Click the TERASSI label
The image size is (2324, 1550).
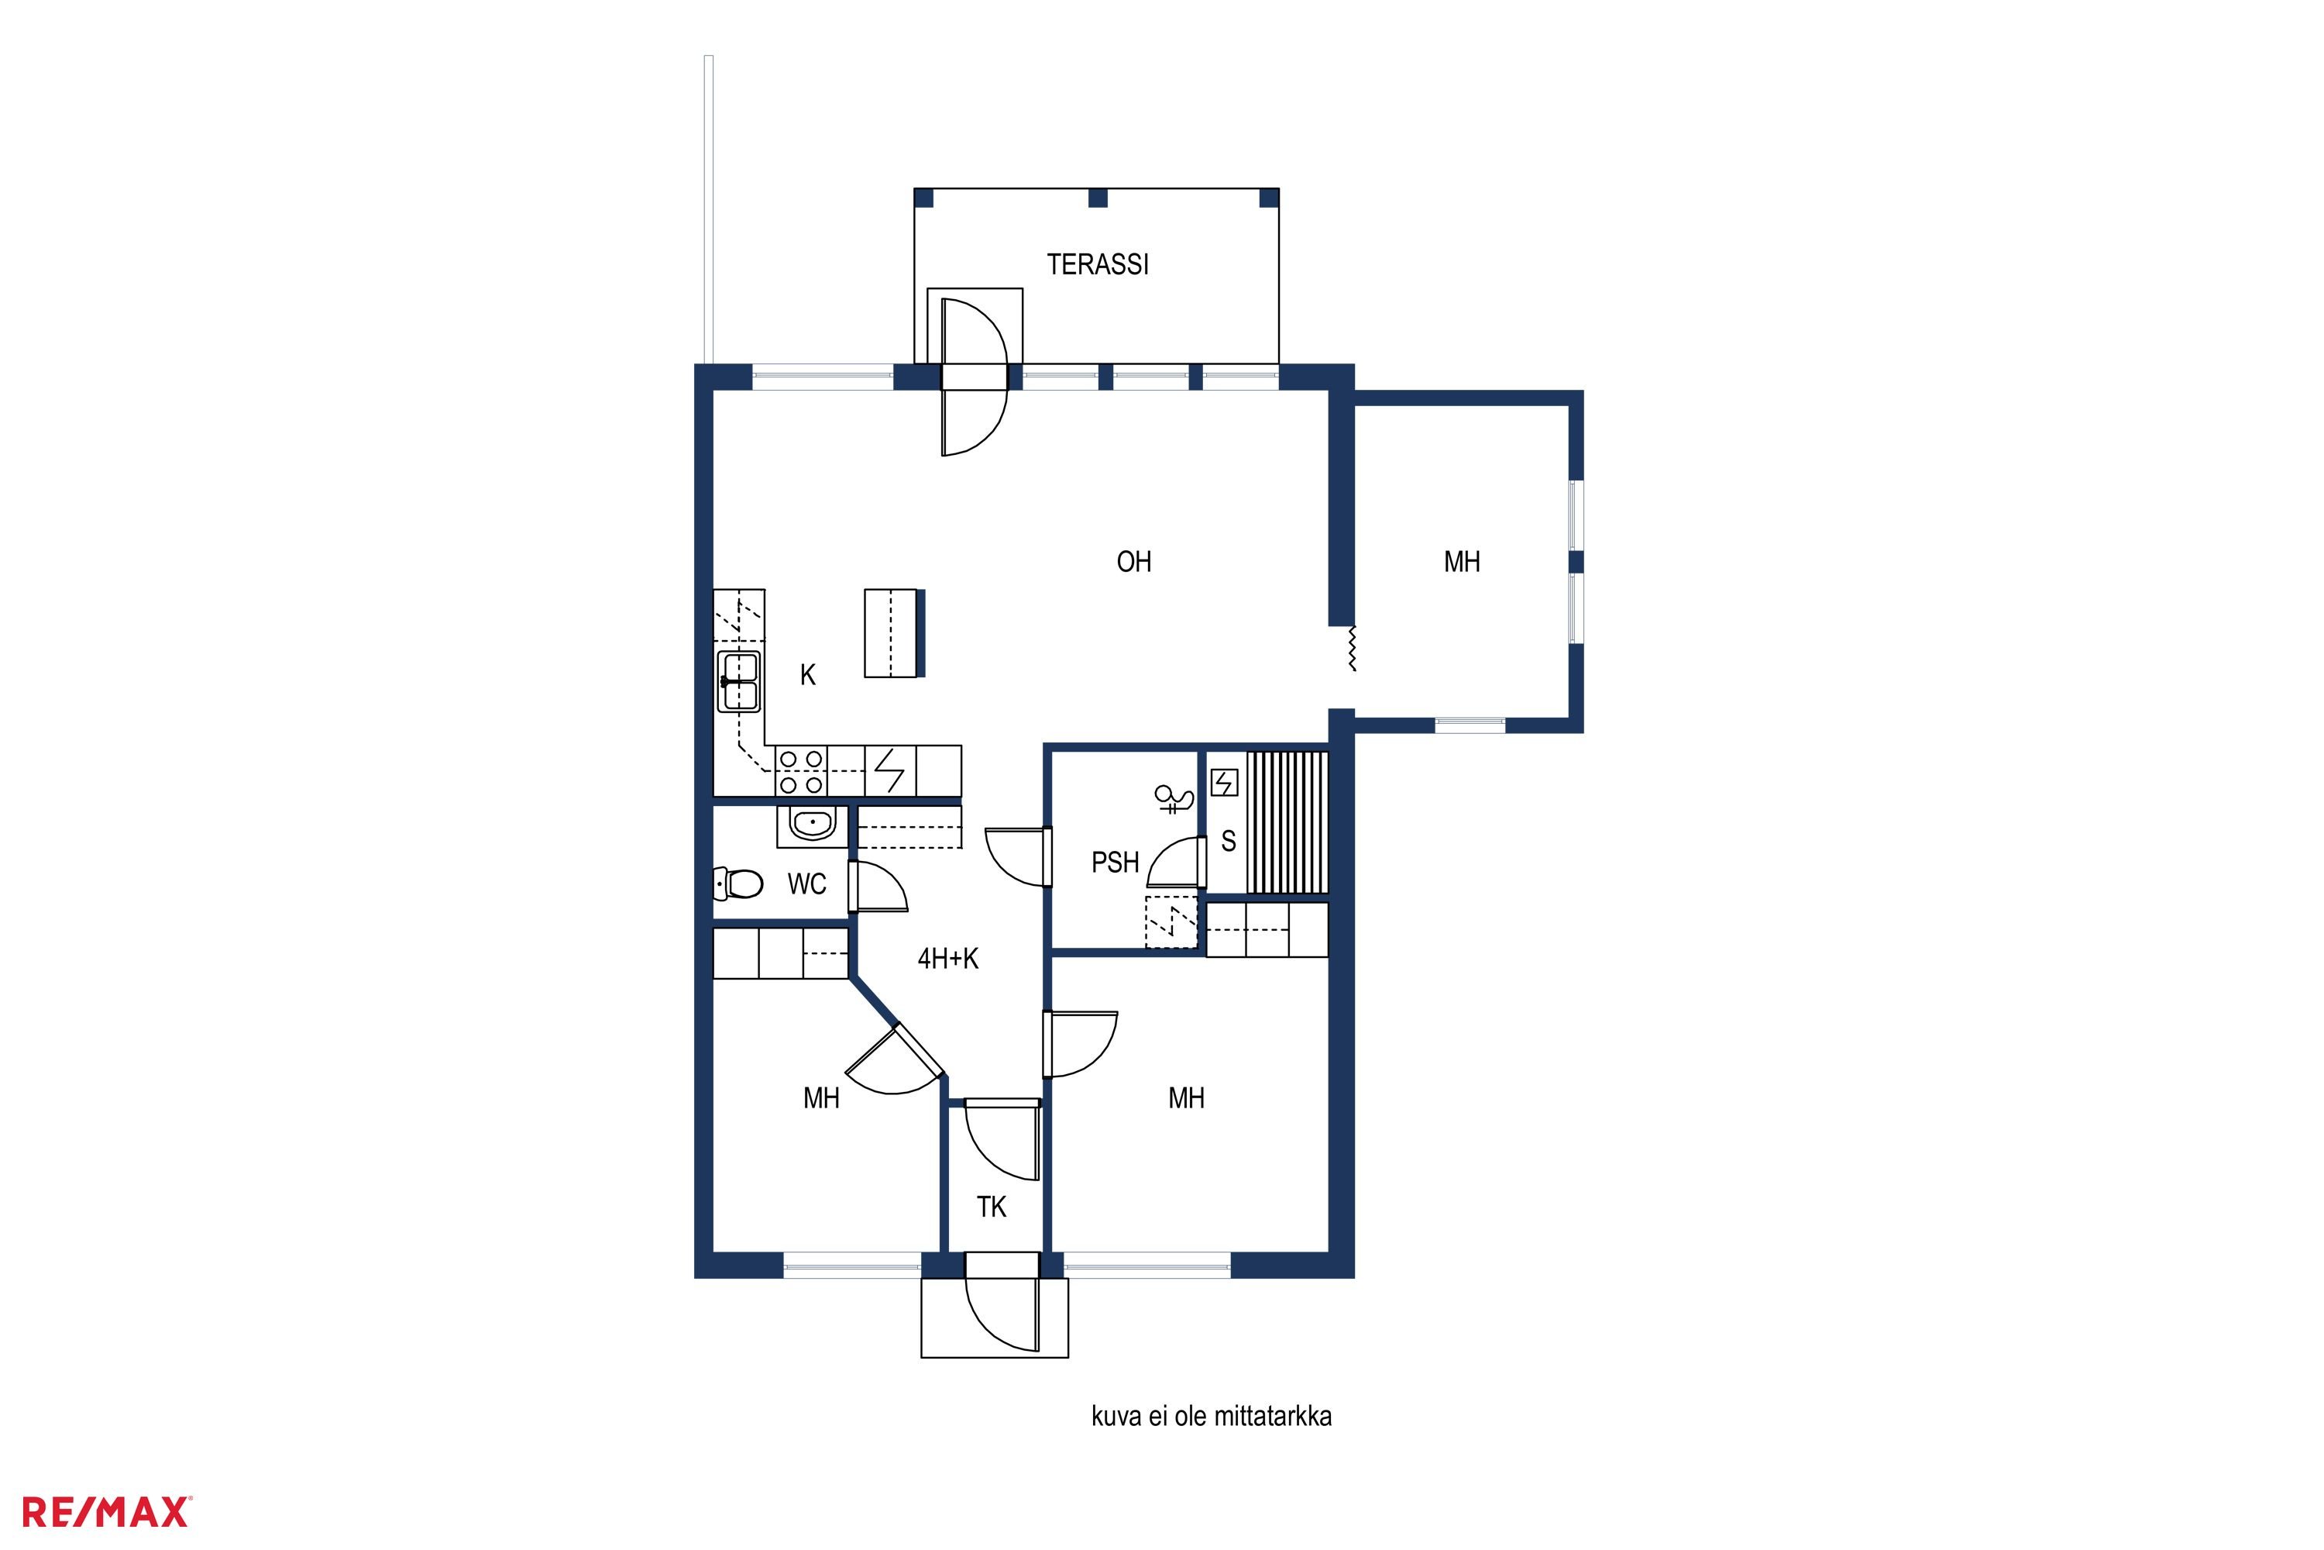tap(1098, 265)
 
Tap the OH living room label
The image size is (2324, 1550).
tap(1133, 563)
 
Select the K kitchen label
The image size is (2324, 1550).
tap(807, 675)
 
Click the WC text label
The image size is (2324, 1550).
tap(806, 883)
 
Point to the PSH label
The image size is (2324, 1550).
tap(1115, 863)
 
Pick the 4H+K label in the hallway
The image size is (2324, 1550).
tap(947, 959)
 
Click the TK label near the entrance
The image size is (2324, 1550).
tap(991, 1207)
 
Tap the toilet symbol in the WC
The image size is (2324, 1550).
tap(738, 883)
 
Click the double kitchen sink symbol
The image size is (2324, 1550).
tap(739, 681)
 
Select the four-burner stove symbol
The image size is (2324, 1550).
tap(800, 772)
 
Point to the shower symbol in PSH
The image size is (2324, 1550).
tap(1175, 799)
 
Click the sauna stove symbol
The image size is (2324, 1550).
tap(1224, 784)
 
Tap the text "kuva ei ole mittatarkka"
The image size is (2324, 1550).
tap(1212, 1417)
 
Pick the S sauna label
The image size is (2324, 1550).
tap(1228, 841)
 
